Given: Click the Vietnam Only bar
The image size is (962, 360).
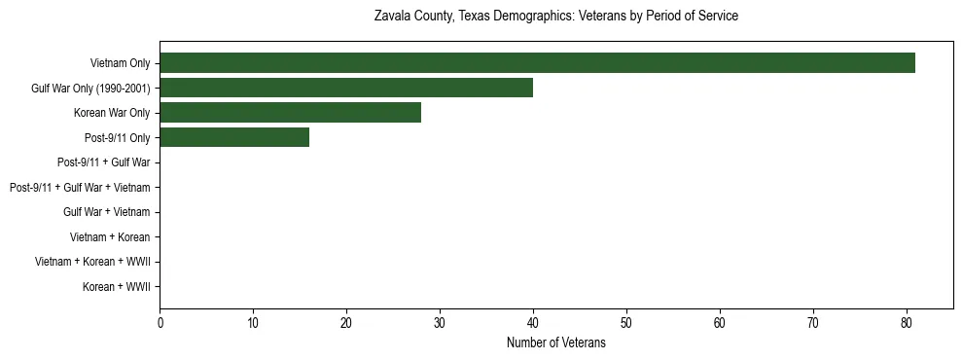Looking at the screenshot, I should click(537, 63).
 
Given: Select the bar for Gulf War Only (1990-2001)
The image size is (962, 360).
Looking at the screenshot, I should click(346, 88).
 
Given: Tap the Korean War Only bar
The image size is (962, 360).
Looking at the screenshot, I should click(290, 113).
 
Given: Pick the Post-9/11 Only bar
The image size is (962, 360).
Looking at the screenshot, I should click(234, 137).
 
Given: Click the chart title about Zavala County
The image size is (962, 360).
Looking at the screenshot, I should click(555, 17).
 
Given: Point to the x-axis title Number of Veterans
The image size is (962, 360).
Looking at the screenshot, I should click(555, 342).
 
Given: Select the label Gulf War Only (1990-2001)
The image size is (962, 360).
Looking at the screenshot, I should click(90, 89).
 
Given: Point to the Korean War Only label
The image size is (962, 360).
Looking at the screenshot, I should click(111, 113).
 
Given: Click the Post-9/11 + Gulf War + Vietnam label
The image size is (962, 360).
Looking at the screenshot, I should click(79, 188).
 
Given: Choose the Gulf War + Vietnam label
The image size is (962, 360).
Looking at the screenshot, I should click(107, 212).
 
